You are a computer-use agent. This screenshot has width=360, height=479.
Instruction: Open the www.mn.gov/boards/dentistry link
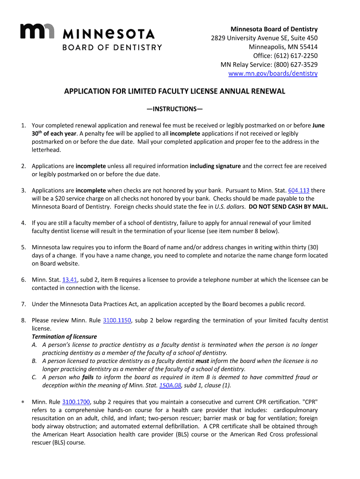pyautogui.click(x=273, y=73)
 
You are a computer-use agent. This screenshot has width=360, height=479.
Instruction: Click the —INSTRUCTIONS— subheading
pyautogui.click(x=174, y=109)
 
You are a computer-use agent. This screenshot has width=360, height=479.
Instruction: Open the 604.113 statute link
pyautogui.click(x=299, y=190)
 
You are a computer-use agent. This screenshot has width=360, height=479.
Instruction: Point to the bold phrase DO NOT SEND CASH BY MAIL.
pyautogui.click(x=288, y=207)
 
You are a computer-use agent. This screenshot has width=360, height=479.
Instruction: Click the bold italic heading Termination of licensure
pyautogui.click(x=65, y=337)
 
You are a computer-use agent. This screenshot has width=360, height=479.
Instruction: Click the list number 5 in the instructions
pyautogui.click(x=23, y=247)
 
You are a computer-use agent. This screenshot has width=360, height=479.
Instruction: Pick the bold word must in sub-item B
pyautogui.click(x=202, y=361)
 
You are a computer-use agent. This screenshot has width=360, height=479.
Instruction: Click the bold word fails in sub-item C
pyautogui.click(x=88, y=377)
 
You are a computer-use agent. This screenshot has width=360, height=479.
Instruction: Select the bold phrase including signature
pyautogui.click(x=216, y=166)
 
